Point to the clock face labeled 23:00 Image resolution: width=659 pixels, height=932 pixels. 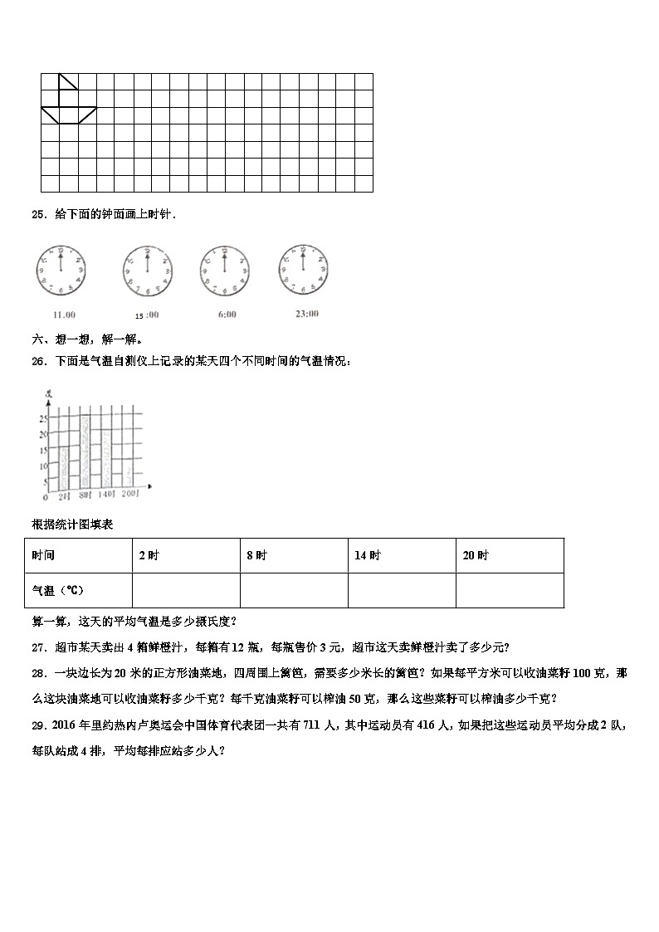303,271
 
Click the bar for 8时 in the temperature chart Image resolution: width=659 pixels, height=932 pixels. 85,451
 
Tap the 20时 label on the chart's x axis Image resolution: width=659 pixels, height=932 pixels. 129,496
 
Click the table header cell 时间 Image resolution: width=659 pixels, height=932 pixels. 44,556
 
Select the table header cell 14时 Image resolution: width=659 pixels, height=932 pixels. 368,556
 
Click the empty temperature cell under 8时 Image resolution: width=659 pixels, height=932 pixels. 294,590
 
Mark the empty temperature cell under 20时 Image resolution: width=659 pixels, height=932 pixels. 510,590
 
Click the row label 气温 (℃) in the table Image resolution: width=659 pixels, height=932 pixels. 58,590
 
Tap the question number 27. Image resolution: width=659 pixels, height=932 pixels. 37,647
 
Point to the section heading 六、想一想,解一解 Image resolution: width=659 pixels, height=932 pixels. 87,339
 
